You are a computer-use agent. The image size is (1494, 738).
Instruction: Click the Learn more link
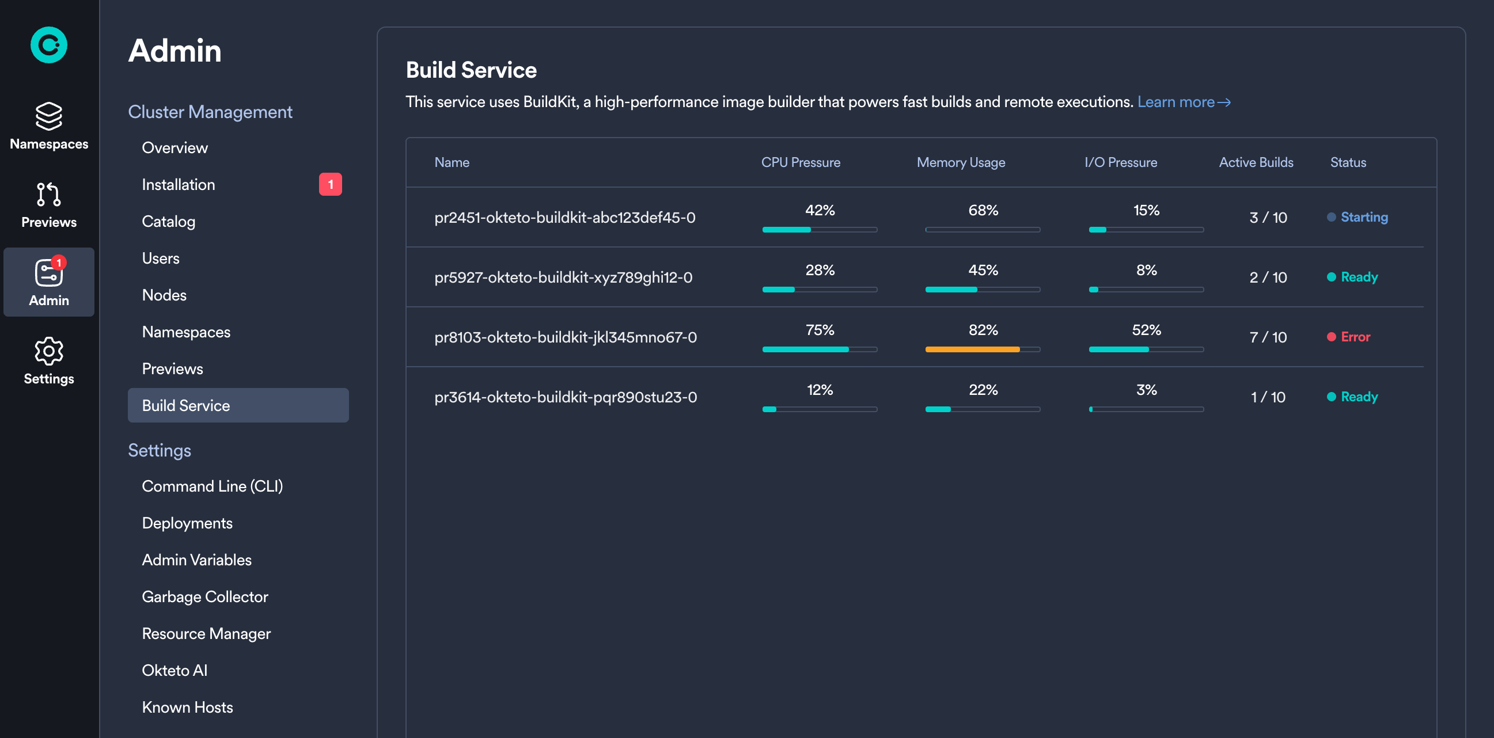(x=1183, y=102)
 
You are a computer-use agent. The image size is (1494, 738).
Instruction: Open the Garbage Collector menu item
(x=204, y=596)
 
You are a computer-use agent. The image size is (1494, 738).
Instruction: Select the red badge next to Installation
(x=330, y=184)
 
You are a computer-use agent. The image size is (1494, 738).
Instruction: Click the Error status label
(x=1355, y=337)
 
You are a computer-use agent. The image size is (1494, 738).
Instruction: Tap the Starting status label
(x=1363, y=217)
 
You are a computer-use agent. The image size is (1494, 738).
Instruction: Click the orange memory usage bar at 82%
(x=972, y=349)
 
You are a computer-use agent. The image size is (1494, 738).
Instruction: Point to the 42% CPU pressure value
(x=820, y=210)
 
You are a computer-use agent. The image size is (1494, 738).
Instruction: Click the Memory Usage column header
(x=961, y=162)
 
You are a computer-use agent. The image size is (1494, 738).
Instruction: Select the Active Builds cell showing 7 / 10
(x=1268, y=337)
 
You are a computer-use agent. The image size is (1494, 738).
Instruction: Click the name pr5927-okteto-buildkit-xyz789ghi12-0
(x=563, y=277)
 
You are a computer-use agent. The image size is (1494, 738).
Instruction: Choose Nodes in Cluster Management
(x=164, y=295)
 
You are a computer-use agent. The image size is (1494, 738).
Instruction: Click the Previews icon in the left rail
(x=49, y=195)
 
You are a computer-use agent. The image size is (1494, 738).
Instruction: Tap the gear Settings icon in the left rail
(x=49, y=351)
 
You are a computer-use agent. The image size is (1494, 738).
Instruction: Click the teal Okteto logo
(x=49, y=45)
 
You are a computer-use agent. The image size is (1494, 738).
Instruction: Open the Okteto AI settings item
(x=175, y=670)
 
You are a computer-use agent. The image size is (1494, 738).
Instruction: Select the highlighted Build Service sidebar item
(x=238, y=405)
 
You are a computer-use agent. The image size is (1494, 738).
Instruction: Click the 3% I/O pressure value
(x=1146, y=390)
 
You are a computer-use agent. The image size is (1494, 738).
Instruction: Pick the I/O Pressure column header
(x=1121, y=162)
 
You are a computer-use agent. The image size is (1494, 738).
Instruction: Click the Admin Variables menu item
(x=196, y=560)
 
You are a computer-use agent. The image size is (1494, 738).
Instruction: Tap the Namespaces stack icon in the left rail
(x=49, y=116)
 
